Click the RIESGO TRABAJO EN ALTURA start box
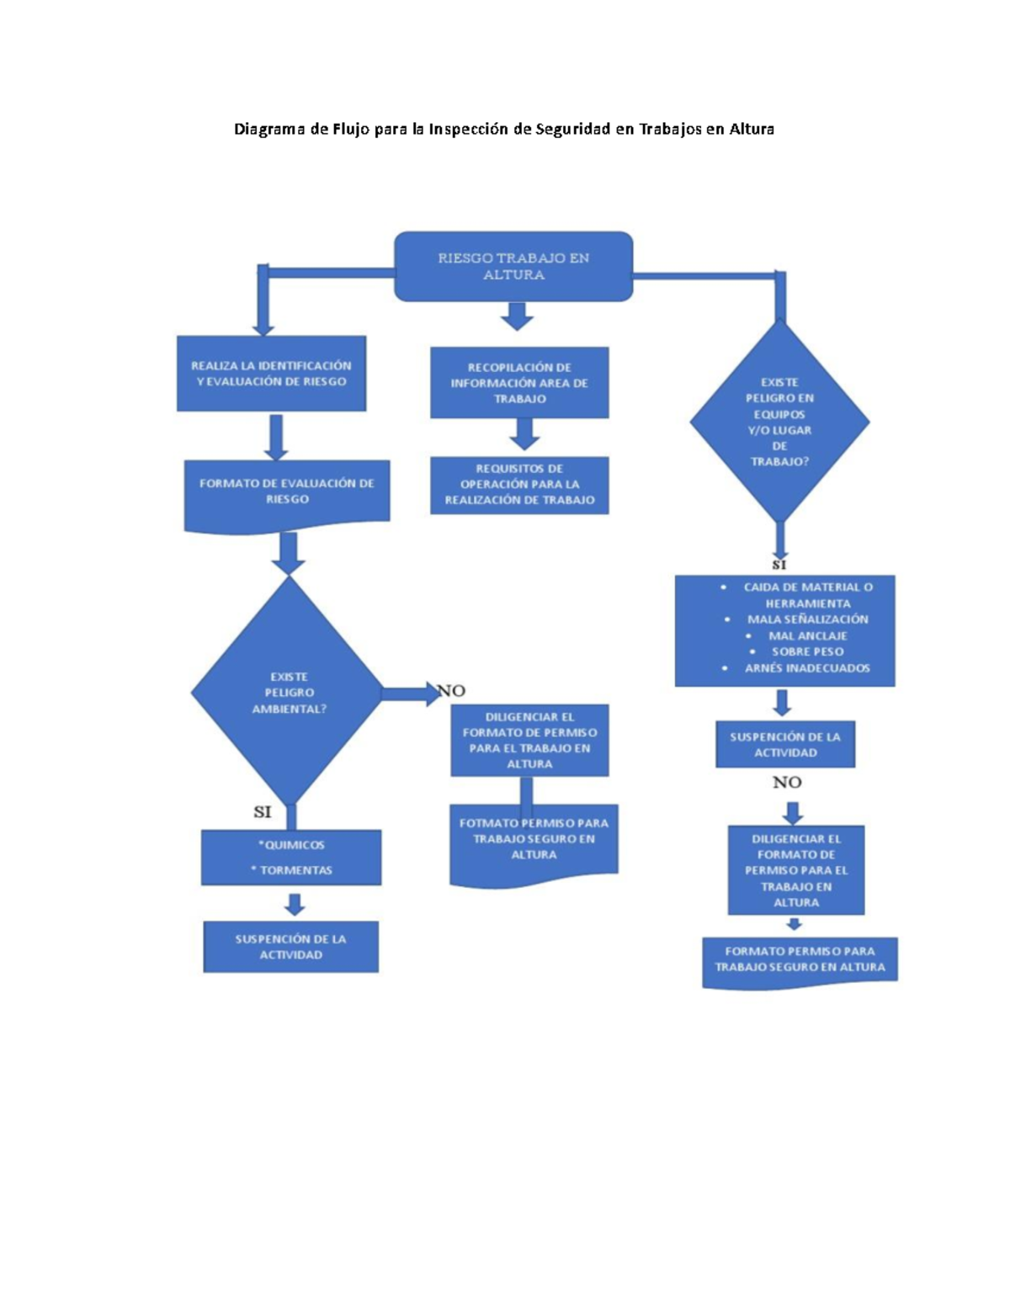click(x=513, y=266)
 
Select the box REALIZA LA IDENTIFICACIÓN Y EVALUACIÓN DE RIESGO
click(x=271, y=374)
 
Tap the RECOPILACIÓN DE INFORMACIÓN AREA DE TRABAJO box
click(x=519, y=383)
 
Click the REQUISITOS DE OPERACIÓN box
click(x=519, y=485)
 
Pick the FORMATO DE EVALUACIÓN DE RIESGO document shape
click(x=287, y=496)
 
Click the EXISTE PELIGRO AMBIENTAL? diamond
click(x=288, y=691)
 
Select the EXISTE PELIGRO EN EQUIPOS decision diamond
click(x=779, y=421)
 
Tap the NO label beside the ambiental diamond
click(x=452, y=690)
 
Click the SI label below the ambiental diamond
click(x=263, y=812)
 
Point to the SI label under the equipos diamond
click(x=779, y=565)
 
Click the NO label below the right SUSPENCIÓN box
click(x=787, y=782)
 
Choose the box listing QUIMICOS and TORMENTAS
click(x=291, y=857)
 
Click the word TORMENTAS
click(x=296, y=869)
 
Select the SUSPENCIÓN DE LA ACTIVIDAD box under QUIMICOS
click(x=291, y=946)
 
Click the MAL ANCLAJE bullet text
click(x=808, y=635)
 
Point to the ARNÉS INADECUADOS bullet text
click(x=807, y=667)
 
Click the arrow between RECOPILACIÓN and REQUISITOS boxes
click(x=524, y=434)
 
